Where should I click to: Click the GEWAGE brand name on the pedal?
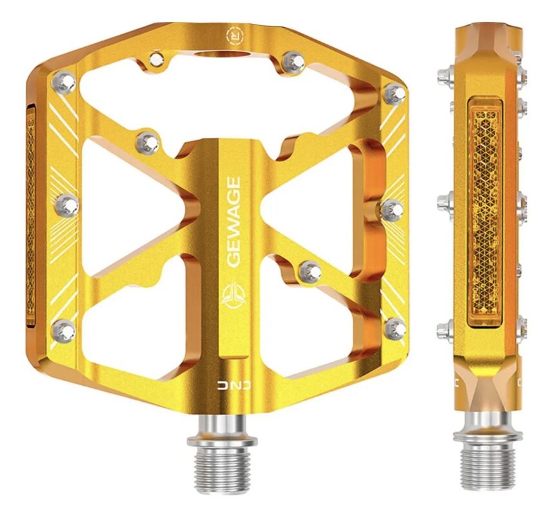coord(233,221)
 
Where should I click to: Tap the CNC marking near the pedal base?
coord(233,386)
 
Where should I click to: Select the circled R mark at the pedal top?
coord(235,35)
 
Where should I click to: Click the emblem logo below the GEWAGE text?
coord(233,294)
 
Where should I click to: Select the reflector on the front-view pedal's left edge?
coord(31,215)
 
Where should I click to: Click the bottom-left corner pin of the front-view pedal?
coord(64,330)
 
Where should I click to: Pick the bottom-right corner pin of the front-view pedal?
coord(396,329)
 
